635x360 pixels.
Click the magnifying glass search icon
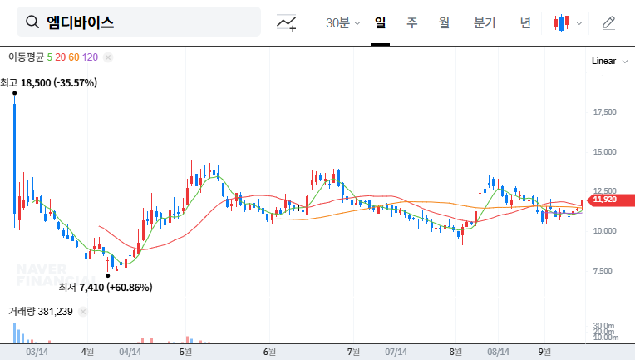(32, 22)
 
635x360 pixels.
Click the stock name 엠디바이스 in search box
(81, 22)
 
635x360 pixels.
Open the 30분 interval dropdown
(342, 22)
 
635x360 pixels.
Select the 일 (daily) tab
(380, 22)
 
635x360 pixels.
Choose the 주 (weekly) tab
(411, 22)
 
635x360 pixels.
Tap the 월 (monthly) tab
(443, 22)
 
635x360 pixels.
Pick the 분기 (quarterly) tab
(484, 22)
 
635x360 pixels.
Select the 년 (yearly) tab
(524, 22)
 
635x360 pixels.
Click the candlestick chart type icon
(563, 22)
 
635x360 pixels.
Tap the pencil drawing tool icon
(608, 22)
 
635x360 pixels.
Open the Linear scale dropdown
(608, 61)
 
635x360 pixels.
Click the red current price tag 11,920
(605, 199)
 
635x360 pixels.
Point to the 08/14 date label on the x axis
(498, 352)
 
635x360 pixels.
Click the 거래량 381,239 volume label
(41, 311)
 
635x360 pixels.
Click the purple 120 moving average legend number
(91, 57)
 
